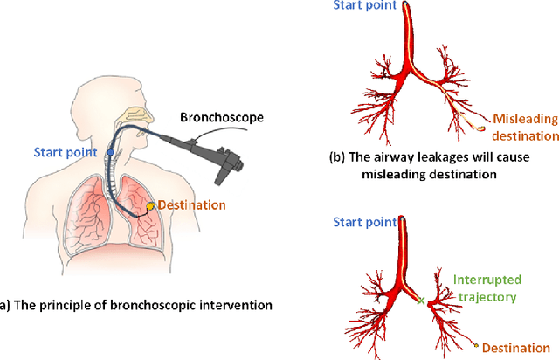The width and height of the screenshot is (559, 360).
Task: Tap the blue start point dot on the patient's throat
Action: pos(110,152)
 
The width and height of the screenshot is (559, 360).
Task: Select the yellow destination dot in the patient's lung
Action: pos(150,206)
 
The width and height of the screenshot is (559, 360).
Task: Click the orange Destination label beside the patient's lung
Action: pos(192,205)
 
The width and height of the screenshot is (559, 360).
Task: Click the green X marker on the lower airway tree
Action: pos(422,300)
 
